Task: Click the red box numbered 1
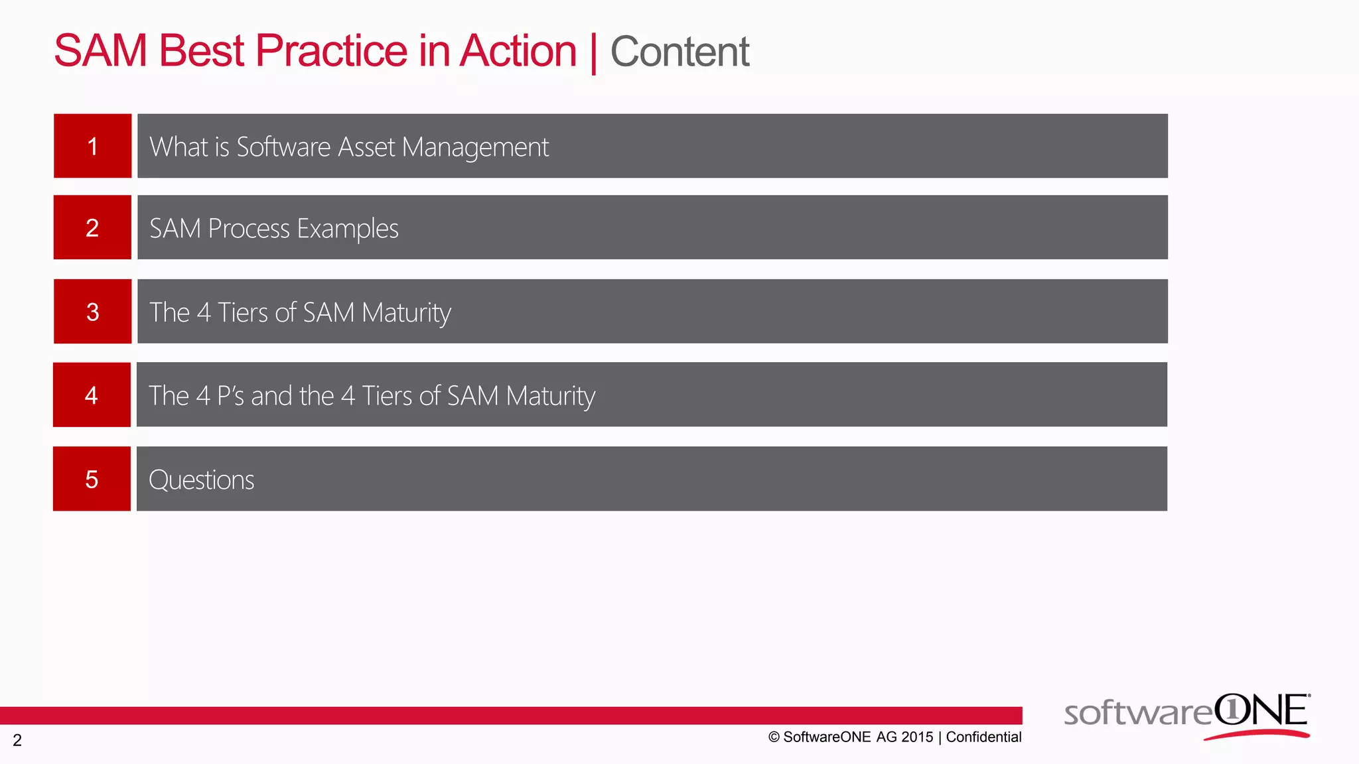coord(92,146)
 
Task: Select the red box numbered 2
coord(92,227)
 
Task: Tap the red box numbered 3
coord(92,312)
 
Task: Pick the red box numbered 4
coord(92,395)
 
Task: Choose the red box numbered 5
coord(92,479)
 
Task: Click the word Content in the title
coord(679,52)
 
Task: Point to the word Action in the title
coord(518,51)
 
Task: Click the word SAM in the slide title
coord(100,51)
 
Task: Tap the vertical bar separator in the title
coord(593,53)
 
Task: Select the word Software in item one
coord(283,147)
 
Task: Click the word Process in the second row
coord(249,229)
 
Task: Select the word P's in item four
coord(230,396)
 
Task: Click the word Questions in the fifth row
coord(201,480)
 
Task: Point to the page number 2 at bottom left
coord(17,740)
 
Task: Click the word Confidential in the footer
coord(983,737)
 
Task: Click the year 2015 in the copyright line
coord(917,737)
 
